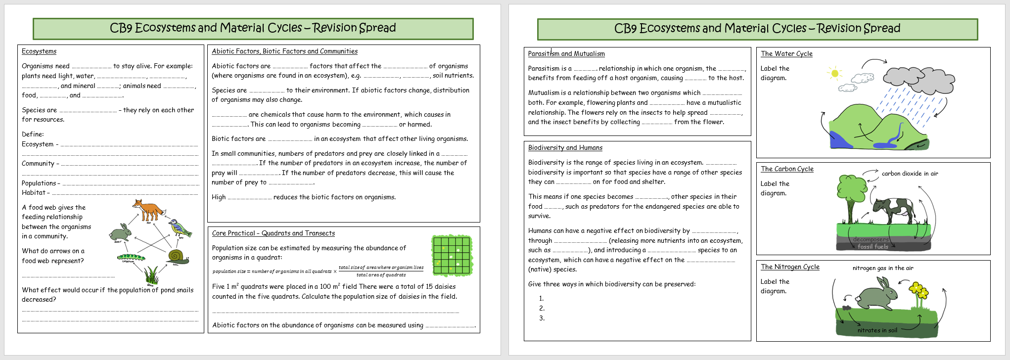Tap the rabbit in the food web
[x=121, y=232]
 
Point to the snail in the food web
[x=178, y=257]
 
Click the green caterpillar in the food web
[x=131, y=257]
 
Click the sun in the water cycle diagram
[x=835, y=73]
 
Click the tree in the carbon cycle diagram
[x=852, y=193]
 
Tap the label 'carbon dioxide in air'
[x=910, y=174]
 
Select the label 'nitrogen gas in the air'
[x=883, y=268]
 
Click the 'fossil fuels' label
[x=872, y=247]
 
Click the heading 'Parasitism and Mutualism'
[x=566, y=54]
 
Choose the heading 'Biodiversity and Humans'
[x=565, y=148]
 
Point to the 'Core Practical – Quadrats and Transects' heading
[x=273, y=233]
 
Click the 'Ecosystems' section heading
[x=39, y=51]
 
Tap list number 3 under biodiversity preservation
[x=542, y=318]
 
